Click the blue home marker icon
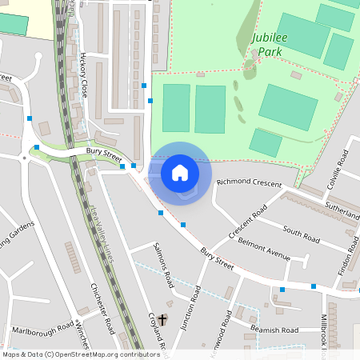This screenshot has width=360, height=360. click(x=180, y=173)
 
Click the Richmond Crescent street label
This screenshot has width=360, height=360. click(x=249, y=183)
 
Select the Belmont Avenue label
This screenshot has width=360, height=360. click(x=263, y=246)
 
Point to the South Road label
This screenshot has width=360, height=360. click(x=302, y=235)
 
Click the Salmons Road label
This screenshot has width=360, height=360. click(x=164, y=265)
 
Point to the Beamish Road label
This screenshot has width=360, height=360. click(x=274, y=330)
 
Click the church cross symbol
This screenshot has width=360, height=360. click(x=162, y=320)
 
